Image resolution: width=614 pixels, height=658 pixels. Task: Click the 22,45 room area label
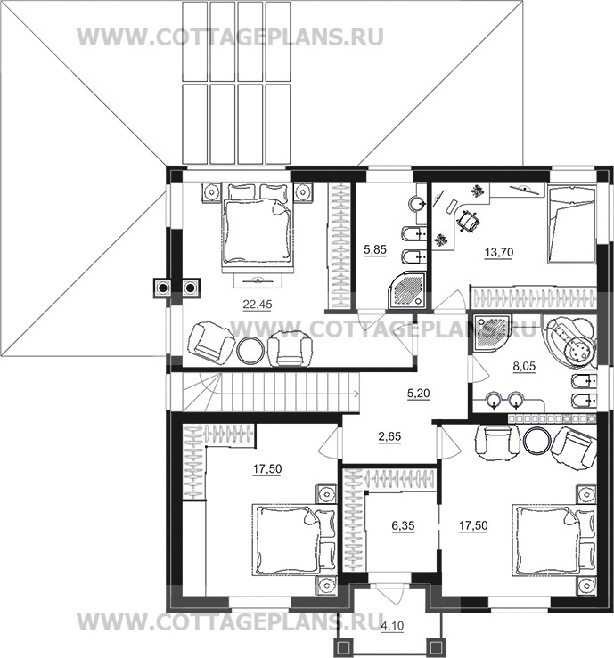pyautogui.click(x=258, y=305)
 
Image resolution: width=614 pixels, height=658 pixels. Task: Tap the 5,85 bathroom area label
pyautogui.click(x=374, y=250)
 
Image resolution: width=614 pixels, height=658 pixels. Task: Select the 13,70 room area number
pyautogui.click(x=499, y=252)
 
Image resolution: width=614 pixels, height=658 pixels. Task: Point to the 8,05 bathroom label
pyautogui.click(x=524, y=366)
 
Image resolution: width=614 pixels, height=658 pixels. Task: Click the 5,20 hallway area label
pyautogui.click(x=418, y=394)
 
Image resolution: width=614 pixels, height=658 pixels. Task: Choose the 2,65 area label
pyautogui.click(x=389, y=436)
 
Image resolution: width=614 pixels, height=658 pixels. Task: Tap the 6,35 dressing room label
pyautogui.click(x=403, y=525)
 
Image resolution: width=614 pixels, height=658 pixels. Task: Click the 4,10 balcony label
pyautogui.click(x=392, y=626)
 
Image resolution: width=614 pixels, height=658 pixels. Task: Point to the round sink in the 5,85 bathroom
pyautogui.click(x=417, y=205)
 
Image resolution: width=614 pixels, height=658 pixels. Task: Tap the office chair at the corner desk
pyautogui.click(x=468, y=220)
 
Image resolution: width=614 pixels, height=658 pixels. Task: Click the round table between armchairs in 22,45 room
pyautogui.click(x=250, y=351)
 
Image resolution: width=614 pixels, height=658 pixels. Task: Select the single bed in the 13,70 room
pyautogui.click(x=571, y=225)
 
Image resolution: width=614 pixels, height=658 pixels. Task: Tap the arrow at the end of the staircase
pyautogui.click(x=356, y=394)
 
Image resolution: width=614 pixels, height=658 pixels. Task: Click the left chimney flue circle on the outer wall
pyautogui.click(x=162, y=288)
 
